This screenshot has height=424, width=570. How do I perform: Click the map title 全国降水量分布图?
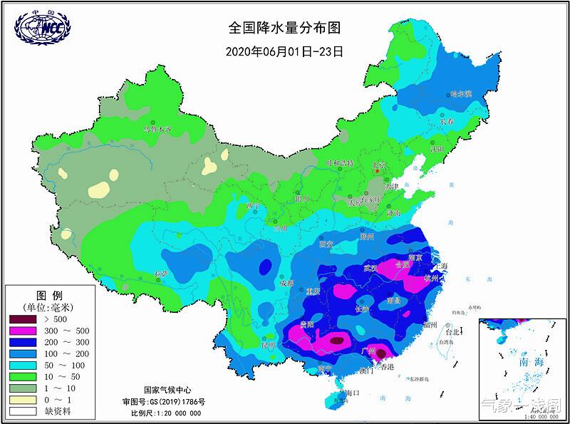(285, 28)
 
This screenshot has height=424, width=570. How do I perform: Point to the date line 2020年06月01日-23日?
(285, 51)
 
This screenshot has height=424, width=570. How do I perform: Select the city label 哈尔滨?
(462, 94)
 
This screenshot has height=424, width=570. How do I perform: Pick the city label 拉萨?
(160, 274)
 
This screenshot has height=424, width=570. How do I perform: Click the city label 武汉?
(370, 268)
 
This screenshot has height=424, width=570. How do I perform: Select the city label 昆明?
(268, 346)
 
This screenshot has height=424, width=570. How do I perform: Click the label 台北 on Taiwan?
(452, 332)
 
